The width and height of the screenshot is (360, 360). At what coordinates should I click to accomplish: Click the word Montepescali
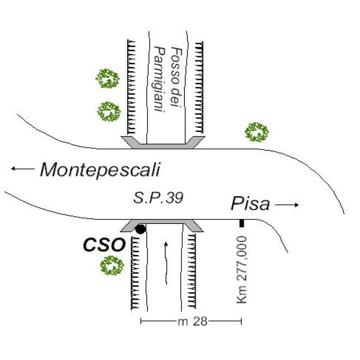point(100,170)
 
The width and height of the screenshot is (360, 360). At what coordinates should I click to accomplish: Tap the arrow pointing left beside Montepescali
point(22,170)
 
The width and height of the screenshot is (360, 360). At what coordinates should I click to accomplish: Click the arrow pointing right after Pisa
point(287,206)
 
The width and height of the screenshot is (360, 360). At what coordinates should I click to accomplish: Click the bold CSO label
point(103,244)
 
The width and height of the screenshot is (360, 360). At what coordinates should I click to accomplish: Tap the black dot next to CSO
point(140,229)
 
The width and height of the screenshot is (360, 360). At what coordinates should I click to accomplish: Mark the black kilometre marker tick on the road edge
point(241,223)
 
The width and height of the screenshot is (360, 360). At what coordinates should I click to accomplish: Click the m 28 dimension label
point(192,322)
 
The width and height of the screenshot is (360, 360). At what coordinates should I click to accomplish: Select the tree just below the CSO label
point(110,266)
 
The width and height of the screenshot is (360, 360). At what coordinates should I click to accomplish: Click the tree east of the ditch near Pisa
point(257,131)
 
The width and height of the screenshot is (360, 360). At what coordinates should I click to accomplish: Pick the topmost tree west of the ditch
point(108,78)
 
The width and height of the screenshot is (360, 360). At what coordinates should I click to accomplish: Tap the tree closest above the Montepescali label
point(109,111)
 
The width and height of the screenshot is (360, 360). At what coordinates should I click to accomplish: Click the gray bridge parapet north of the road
point(163,142)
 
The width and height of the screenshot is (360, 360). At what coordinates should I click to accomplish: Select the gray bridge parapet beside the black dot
point(162,224)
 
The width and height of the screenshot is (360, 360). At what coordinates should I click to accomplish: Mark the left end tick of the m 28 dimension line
point(141,322)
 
